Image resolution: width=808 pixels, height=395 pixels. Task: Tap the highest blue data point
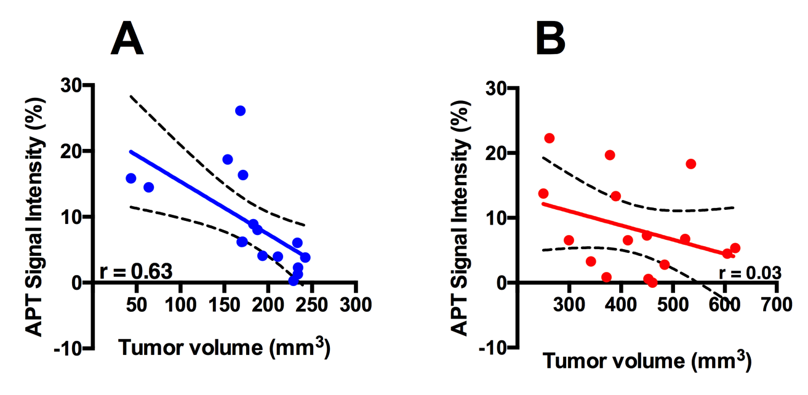(240, 111)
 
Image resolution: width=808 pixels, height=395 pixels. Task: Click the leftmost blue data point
(130, 178)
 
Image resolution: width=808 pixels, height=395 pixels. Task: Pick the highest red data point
(550, 138)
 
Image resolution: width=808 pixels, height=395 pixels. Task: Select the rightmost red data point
(735, 248)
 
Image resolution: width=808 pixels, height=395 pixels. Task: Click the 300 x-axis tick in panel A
(354, 304)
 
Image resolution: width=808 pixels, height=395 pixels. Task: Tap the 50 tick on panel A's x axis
(137, 304)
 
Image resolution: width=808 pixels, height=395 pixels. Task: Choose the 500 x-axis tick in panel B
(673, 304)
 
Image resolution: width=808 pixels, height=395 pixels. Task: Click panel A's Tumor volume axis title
(225, 348)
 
